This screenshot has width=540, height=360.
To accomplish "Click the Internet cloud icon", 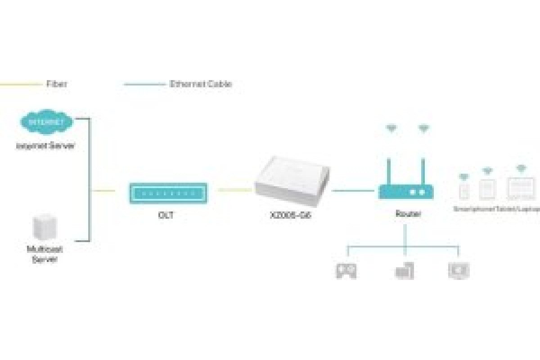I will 46,122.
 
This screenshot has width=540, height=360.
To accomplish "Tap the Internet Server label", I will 45,146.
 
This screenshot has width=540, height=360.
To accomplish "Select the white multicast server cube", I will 45,228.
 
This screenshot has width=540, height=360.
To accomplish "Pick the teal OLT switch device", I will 168,193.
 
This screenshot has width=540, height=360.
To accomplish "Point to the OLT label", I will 166,215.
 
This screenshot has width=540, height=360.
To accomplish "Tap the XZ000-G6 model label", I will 291,215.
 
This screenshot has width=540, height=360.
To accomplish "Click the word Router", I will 408,214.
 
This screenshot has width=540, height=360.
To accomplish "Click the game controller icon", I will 346,270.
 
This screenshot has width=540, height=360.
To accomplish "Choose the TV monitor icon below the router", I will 459,270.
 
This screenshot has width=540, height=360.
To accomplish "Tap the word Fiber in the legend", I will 57,84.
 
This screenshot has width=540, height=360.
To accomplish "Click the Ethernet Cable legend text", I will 201,84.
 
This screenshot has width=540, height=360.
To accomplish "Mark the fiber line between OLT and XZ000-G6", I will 235,190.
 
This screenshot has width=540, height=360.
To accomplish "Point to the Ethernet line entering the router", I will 354,191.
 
